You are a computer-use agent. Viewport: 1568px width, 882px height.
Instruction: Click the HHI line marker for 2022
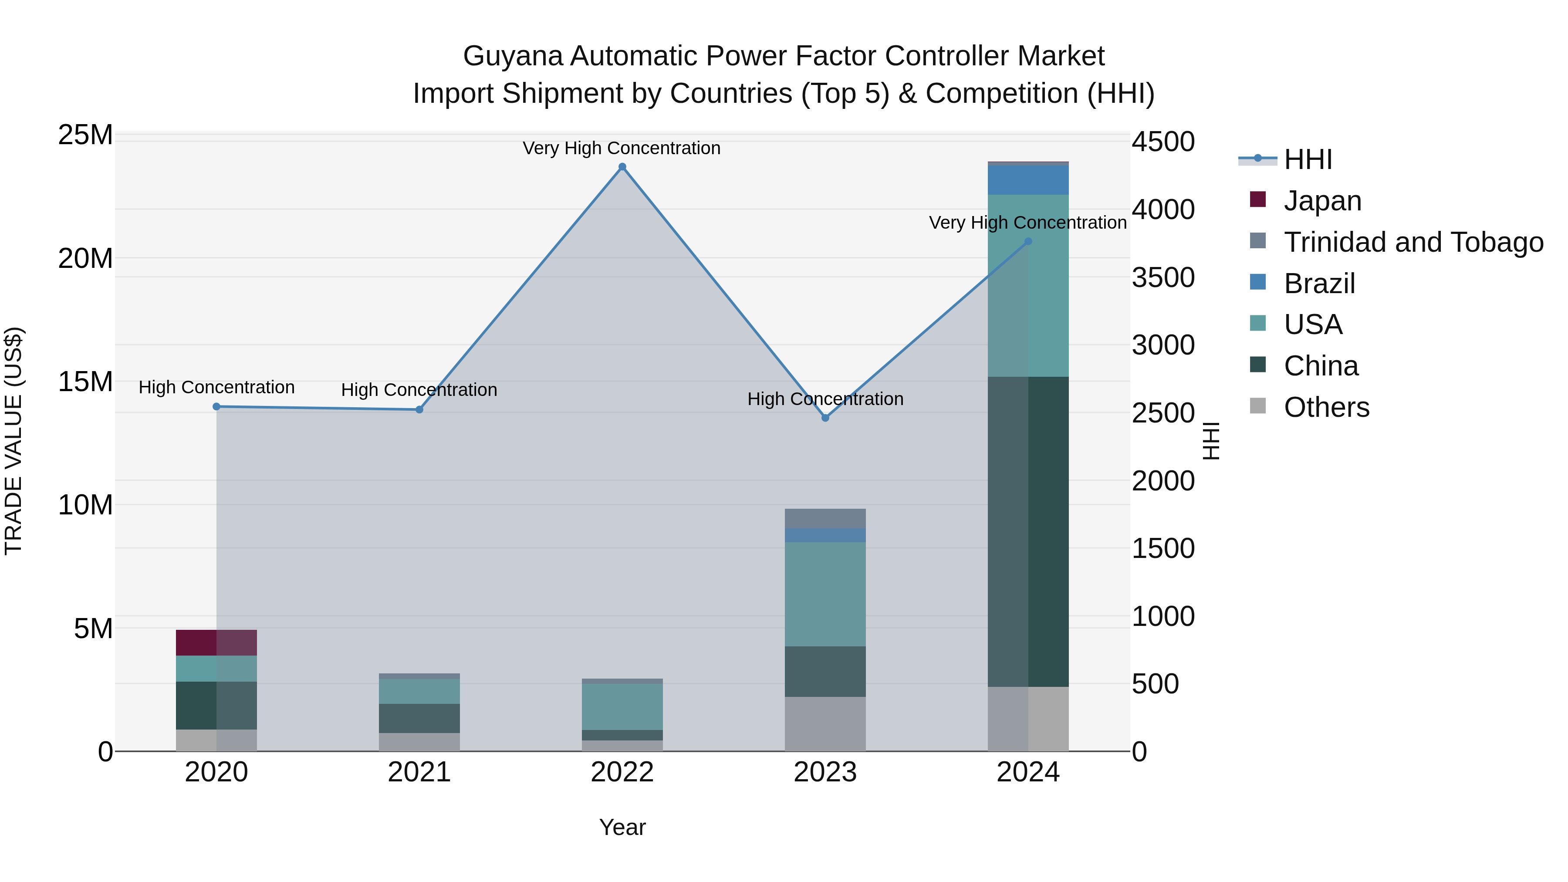click(x=622, y=167)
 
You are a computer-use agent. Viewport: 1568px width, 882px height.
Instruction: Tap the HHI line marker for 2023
click(x=825, y=418)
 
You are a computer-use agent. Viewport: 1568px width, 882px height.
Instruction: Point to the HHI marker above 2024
click(x=1028, y=242)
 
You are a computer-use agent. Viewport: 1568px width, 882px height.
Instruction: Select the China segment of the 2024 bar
click(x=1028, y=531)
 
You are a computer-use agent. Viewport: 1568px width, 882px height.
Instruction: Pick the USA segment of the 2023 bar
click(x=825, y=594)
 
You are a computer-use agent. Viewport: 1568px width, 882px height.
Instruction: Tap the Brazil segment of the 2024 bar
click(x=1028, y=180)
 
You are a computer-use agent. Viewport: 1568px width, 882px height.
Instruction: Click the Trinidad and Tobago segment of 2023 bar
click(x=825, y=519)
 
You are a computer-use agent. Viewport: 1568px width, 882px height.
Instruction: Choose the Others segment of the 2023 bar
click(x=825, y=724)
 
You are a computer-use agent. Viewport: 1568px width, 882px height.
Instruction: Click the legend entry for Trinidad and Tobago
click(x=1413, y=242)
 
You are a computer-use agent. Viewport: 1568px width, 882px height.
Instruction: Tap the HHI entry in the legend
click(x=1308, y=159)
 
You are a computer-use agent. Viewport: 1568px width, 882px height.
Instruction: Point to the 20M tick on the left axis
click(x=85, y=259)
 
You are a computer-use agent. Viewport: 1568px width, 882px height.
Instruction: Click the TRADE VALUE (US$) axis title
click(x=14, y=441)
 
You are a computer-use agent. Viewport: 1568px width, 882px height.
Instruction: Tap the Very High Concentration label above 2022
click(x=622, y=149)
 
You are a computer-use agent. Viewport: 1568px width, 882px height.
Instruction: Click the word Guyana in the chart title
click(x=513, y=57)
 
